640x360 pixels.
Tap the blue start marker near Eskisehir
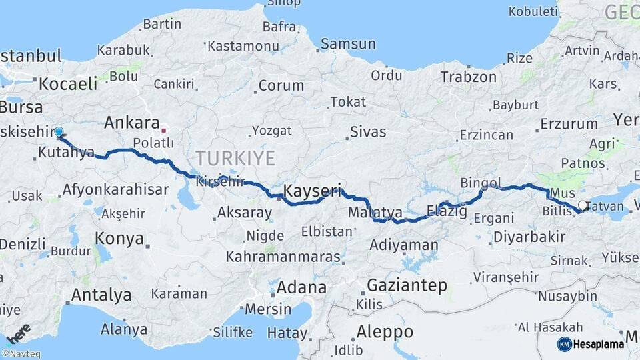tap(59, 132)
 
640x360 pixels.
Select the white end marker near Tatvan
tap(583, 205)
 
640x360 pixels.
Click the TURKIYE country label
tap(235, 159)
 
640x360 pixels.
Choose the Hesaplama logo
tap(591, 344)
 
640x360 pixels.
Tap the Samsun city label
tap(347, 44)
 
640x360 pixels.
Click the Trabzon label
tap(469, 77)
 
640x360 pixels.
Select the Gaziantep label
tap(407, 285)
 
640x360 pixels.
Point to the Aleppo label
tap(385, 331)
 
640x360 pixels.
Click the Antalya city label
tap(101, 294)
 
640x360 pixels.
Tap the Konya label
tap(119, 238)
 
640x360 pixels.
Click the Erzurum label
tap(569, 123)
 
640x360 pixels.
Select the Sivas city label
tap(368, 131)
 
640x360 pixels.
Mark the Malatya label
tap(375, 213)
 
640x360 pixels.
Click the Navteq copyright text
tap(21, 354)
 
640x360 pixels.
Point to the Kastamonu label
tap(243, 46)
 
